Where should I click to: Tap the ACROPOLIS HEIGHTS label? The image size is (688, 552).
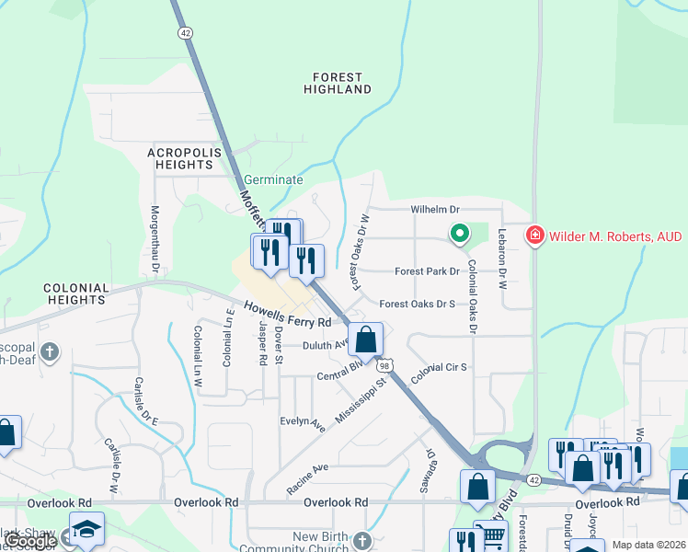tap(180, 157)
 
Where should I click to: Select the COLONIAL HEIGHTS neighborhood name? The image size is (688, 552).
tap(74, 293)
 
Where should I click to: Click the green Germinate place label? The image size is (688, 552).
tap(273, 180)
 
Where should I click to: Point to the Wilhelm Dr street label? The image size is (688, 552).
tap(434, 210)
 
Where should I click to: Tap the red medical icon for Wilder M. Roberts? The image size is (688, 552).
tap(533, 236)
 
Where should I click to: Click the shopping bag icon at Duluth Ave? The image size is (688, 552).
tap(365, 339)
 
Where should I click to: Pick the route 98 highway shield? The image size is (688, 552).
tap(384, 365)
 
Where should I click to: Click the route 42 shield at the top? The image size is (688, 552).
tap(186, 31)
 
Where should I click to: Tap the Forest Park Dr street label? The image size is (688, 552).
tap(426, 271)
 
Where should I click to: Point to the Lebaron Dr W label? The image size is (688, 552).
tap(503, 259)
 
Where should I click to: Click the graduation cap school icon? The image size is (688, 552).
tap(86, 529)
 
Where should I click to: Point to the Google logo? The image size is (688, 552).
tap(29, 541)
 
